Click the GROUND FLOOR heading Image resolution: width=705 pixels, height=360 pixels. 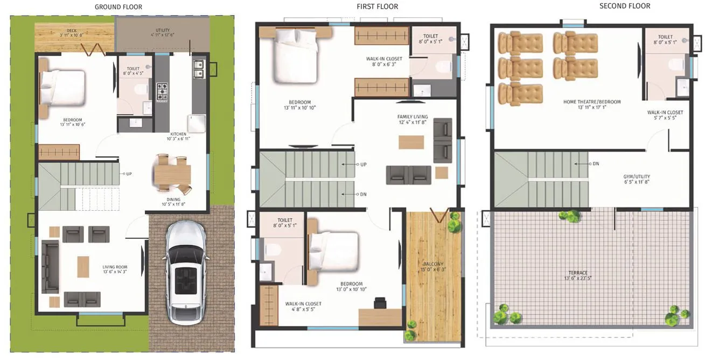pos(118,7)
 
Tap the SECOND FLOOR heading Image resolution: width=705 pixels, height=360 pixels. pos(625,6)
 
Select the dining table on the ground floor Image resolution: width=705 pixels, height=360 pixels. pos(172,174)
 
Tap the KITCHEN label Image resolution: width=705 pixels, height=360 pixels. pos(178,134)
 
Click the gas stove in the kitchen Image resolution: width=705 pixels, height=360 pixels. pos(163,92)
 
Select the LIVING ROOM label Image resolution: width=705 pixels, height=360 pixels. pos(115,267)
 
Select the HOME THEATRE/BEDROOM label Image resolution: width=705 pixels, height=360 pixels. pos(592,102)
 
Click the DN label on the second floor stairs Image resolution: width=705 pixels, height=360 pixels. pos(596,163)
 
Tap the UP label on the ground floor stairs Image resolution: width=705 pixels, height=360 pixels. pos(129,174)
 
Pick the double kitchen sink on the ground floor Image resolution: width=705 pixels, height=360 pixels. pos(198,69)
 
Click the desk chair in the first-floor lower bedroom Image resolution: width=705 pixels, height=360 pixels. pos(381,302)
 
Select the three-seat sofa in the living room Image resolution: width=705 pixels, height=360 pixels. pos(50,267)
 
